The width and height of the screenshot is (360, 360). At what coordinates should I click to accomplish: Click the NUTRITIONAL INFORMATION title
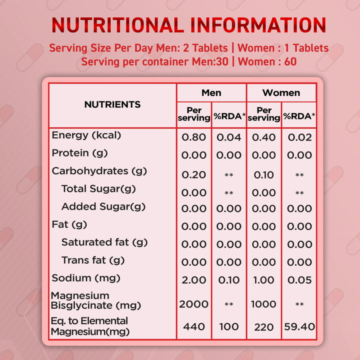(189, 25)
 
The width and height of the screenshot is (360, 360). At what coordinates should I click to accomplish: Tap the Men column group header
(211, 92)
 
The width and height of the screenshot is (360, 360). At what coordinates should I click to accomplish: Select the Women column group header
(281, 92)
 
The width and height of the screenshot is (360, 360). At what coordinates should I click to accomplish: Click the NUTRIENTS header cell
(112, 104)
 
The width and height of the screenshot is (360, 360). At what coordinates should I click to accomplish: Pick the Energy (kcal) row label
(86, 135)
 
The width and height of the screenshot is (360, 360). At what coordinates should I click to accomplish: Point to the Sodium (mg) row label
(86, 278)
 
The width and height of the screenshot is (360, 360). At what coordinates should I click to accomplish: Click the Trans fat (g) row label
(93, 260)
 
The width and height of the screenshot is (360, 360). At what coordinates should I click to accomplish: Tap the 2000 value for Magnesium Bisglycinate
(194, 304)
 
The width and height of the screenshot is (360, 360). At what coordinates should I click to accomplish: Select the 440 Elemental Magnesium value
(194, 326)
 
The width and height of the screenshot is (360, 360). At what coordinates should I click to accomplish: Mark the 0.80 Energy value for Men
(194, 137)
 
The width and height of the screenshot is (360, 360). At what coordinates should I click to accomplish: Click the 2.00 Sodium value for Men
(194, 280)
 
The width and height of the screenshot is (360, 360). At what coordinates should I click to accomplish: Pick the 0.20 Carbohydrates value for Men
(194, 174)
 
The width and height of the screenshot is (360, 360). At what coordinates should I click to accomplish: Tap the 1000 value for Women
(264, 304)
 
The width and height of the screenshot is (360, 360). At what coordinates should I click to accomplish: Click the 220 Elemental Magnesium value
(264, 327)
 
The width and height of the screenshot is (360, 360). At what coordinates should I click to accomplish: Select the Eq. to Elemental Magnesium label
(90, 326)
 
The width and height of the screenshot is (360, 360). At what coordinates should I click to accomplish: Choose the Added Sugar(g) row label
(103, 207)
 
